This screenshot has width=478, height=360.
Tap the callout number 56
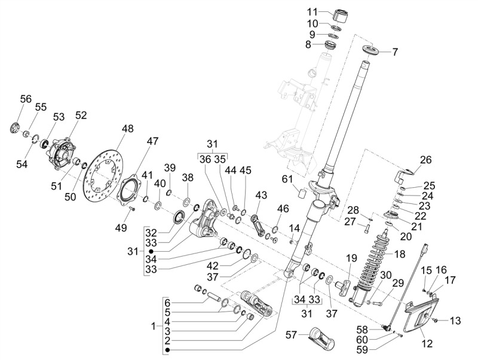(x=26, y=99)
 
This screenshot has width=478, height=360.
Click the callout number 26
(x=425, y=160)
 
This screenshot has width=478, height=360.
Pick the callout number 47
(x=153, y=141)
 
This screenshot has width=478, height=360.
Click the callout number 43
(x=261, y=195)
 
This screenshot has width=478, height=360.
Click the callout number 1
(x=154, y=326)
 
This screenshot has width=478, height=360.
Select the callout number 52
(x=81, y=115)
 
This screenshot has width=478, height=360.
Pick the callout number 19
(x=351, y=258)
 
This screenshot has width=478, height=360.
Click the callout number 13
(x=455, y=321)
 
